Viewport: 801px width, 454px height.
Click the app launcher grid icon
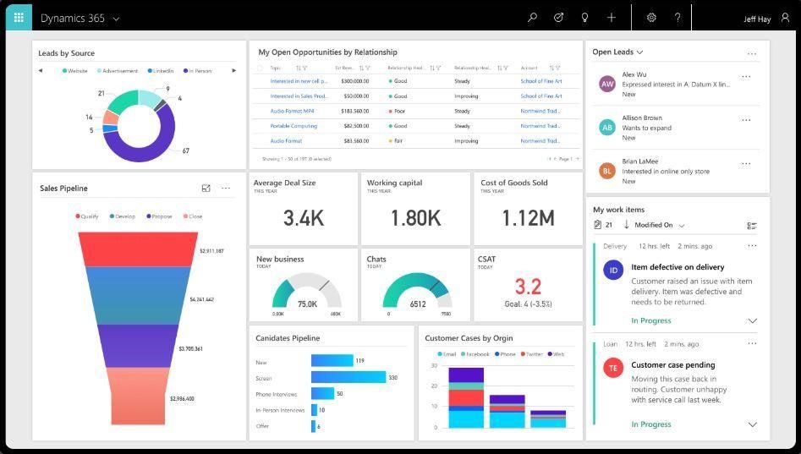[x=18, y=17]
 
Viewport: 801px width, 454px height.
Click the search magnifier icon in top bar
[x=532, y=18]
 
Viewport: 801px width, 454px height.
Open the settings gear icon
[x=651, y=18]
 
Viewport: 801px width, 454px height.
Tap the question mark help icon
[x=678, y=18]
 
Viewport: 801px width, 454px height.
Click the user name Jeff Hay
[x=757, y=19]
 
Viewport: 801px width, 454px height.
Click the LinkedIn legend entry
[x=162, y=71]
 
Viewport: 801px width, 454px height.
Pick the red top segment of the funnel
[x=138, y=249]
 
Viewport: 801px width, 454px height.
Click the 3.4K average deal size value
[x=303, y=218]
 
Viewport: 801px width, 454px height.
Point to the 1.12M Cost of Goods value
[x=528, y=218]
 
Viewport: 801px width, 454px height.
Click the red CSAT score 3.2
[x=528, y=287]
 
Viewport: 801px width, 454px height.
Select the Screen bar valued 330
[x=348, y=378]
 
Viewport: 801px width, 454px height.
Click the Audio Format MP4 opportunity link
[x=292, y=111]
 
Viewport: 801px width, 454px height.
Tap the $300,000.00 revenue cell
[x=354, y=81]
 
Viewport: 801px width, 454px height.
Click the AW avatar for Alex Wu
[x=606, y=84]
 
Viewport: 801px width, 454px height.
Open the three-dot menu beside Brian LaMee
[x=746, y=164]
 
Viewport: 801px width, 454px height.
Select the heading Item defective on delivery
[x=678, y=267]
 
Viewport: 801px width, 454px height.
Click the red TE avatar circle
[x=613, y=368]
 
